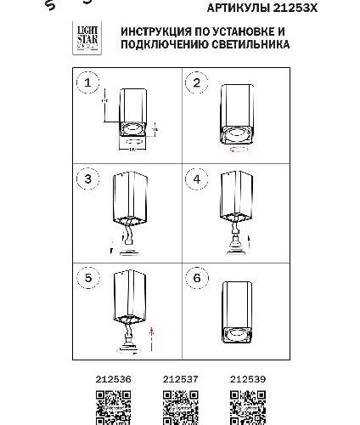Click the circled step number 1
[x=85, y=83]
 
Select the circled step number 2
[x=197, y=83]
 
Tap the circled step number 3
[x=85, y=180]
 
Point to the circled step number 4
[x=197, y=180]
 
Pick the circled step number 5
[x=85, y=278]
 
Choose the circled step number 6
[x=197, y=278]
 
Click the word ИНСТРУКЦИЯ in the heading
[x=155, y=30]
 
